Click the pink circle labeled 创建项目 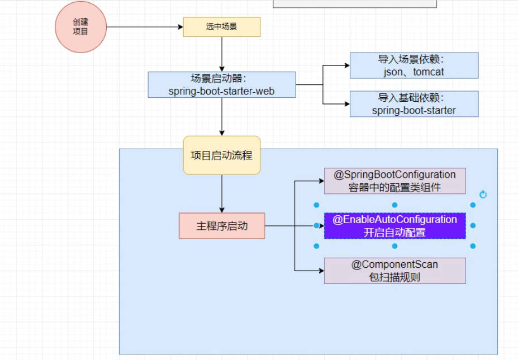click(x=80, y=27)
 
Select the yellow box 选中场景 click(x=222, y=27)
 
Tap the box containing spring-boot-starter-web click(x=222, y=84)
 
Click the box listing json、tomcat click(x=414, y=65)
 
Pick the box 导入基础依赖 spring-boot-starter click(x=414, y=104)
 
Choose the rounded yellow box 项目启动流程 click(x=222, y=155)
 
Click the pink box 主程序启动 click(x=222, y=226)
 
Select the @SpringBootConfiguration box click(x=395, y=181)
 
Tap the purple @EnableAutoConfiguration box click(x=395, y=226)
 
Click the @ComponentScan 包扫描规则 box click(x=395, y=271)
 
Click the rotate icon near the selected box click(x=483, y=195)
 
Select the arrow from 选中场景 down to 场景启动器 click(x=222, y=54)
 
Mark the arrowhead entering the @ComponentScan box click(x=321, y=271)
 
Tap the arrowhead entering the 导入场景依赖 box click(x=346, y=65)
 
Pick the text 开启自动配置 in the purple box click(x=395, y=233)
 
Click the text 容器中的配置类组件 click(x=395, y=187)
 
